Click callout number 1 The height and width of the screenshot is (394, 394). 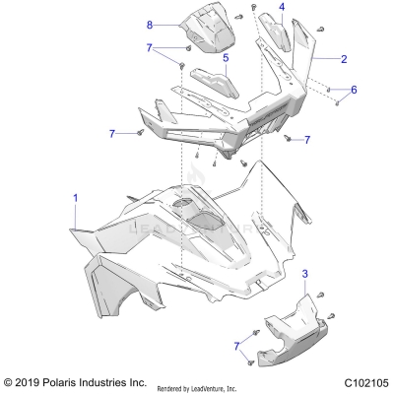click(x=75, y=197)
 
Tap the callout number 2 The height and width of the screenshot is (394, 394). click(x=344, y=59)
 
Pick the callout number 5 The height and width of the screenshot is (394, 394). click(x=226, y=58)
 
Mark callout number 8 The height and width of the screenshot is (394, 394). click(x=150, y=23)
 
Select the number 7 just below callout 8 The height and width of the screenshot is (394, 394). click(x=150, y=47)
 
